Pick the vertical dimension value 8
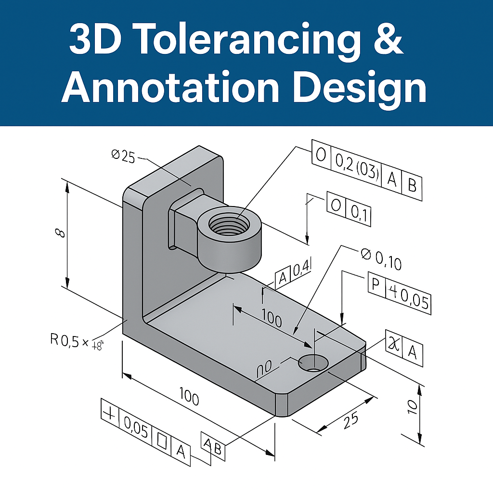60,233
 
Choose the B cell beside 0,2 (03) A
412,185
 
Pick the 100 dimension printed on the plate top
272,319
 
